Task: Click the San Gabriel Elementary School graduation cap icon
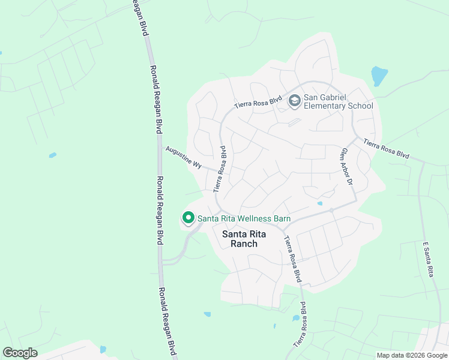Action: pyautogui.click(x=294, y=101)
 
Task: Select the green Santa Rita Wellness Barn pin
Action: pyautogui.click(x=188, y=218)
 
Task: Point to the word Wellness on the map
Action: pyautogui.click(x=255, y=218)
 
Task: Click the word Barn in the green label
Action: pyautogui.click(x=282, y=218)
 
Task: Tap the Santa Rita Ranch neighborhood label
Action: pyautogui.click(x=240, y=239)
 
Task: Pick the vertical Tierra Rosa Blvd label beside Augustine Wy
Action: pyautogui.click(x=220, y=169)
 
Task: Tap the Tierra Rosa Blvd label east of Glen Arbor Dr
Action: pyautogui.click(x=387, y=150)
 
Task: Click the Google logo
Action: pyautogui.click(x=20, y=353)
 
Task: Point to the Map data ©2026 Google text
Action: pyautogui.click(x=411, y=355)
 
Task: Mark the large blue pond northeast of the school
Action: pyautogui.click(x=379, y=76)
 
